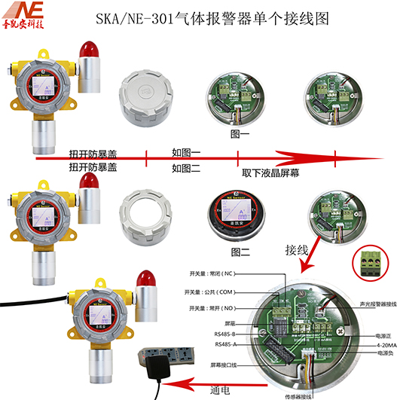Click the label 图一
[x=239, y=133]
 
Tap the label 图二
[x=240, y=250]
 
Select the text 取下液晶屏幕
[x=267, y=172]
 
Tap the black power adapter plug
[x=157, y=368]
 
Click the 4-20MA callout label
[x=378, y=344]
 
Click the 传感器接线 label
[x=295, y=394]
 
